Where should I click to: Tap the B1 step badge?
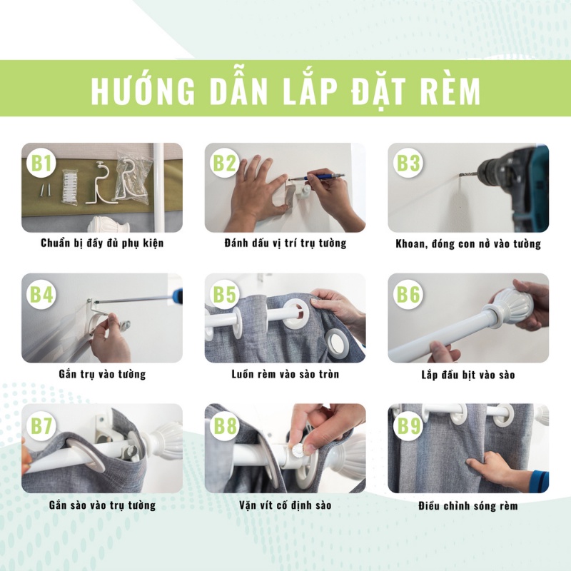click(x=41, y=163)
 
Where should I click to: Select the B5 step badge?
click(x=225, y=294)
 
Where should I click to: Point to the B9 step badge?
click(x=408, y=425)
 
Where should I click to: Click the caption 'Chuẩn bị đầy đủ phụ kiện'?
click(x=102, y=243)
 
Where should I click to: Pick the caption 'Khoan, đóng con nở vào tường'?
click(x=468, y=243)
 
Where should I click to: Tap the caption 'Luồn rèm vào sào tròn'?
click(x=285, y=374)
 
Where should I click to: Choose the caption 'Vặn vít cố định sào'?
click(x=285, y=505)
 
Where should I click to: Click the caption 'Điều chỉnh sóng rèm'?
click(x=468, y=506)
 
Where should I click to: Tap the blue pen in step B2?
click(x=316, y=177)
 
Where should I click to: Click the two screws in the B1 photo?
click(x=46, y=190)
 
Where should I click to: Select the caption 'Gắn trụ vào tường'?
click(x=102, y=374)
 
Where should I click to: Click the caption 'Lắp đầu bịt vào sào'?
click(x=468, y=375)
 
